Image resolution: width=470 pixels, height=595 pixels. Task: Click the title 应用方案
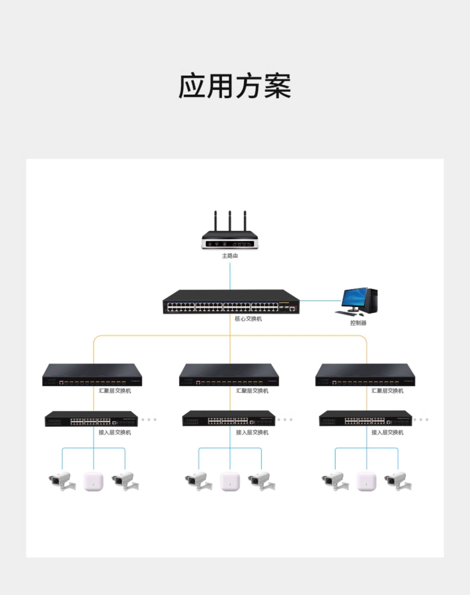coord(235,86)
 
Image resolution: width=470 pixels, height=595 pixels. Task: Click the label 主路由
coord(230,256)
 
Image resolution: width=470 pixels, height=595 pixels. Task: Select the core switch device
coord(231,302)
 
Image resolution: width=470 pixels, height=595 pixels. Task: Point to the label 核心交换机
coord(248,319)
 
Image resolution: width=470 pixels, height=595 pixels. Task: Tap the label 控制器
coord(358,323)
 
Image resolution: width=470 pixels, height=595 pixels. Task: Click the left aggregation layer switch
coord(92,375)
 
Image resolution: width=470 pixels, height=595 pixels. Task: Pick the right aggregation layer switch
coord(365,375)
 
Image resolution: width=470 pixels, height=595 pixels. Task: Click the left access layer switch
coord(91,419)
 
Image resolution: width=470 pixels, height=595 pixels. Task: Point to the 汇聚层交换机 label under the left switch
coord(115,391)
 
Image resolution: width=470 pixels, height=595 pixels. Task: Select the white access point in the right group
coord(366,481)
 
